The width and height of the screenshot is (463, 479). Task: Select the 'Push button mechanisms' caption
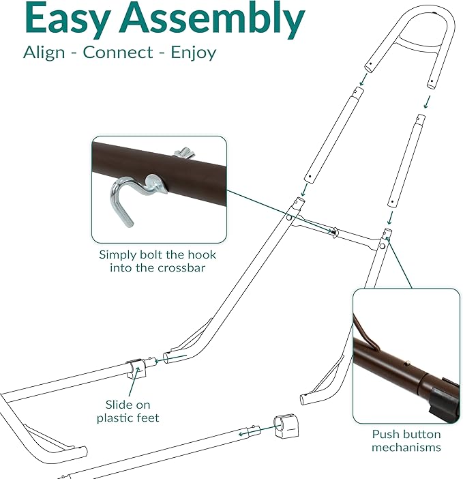(406, 440)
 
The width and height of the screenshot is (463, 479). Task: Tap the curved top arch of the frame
(409, 27)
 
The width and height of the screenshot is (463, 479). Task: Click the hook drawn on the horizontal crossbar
(334, 232)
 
